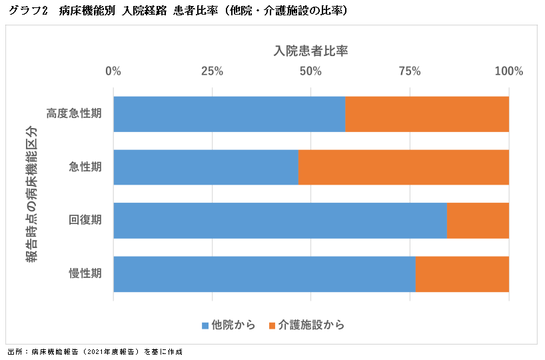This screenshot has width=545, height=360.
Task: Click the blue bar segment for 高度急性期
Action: (x=229, y=114)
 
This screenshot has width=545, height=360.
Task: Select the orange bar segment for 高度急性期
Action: (x=427, y=114)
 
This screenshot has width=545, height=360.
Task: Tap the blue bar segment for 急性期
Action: (x=206, y=167)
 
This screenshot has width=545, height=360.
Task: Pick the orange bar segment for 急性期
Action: (x=403, y=167)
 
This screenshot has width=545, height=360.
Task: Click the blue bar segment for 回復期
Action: (x=280, y=221)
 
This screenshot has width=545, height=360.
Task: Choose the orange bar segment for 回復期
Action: (x=478, y=221)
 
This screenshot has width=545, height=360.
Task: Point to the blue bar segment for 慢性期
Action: (x=264, y=274)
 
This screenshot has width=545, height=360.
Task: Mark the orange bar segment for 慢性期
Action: (x=462, y=274)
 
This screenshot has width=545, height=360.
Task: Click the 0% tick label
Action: (x=114, y=71)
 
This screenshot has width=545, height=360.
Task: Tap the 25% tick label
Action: (x=212, y=71)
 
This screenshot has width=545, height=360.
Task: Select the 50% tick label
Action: (x=311, y=71)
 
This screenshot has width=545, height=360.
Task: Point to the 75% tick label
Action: (x=410, y=71)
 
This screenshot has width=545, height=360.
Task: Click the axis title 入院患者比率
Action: (x=311, y=51)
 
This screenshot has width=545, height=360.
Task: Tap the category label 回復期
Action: (x=85, y=221)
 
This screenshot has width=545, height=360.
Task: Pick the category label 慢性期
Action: (x=85, y=274)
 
